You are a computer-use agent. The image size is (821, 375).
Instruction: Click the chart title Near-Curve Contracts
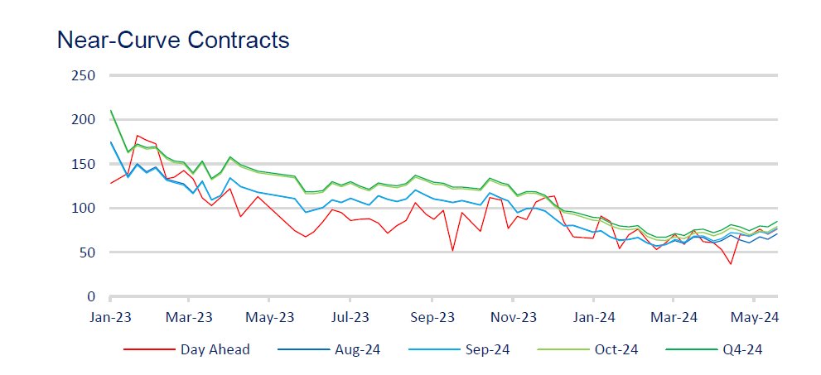pyautogui.click(x=172, y=40)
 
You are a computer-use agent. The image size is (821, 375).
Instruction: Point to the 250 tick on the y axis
pyautogui.click(x=85, y=75)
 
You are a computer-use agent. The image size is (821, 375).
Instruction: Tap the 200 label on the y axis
pyautogui.click(x=85, y=119)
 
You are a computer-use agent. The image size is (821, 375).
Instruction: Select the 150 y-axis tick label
pyautogui.click(x=85, y=164)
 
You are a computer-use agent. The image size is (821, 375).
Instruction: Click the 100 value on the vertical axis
pyautogui.click(x=85, y=208)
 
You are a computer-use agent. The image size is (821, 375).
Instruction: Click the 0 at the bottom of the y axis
pyautogui.click(x=93, y=296)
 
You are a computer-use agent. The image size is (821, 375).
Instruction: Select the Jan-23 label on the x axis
pyautogui.click(x=109, y=317)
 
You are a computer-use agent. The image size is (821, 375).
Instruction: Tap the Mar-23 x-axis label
pyautogui.click(x=190, y=317)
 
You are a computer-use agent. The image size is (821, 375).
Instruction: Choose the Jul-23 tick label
pyautogui.click(x=350, y=317)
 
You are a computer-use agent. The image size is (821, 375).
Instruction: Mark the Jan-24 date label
pyautogui.click(x=594, y=317)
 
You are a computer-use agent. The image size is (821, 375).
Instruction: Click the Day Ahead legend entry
pyautogui.click(x=215, y=349)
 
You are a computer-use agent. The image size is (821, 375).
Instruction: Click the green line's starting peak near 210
pyautogui.click(x=111, y=111)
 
